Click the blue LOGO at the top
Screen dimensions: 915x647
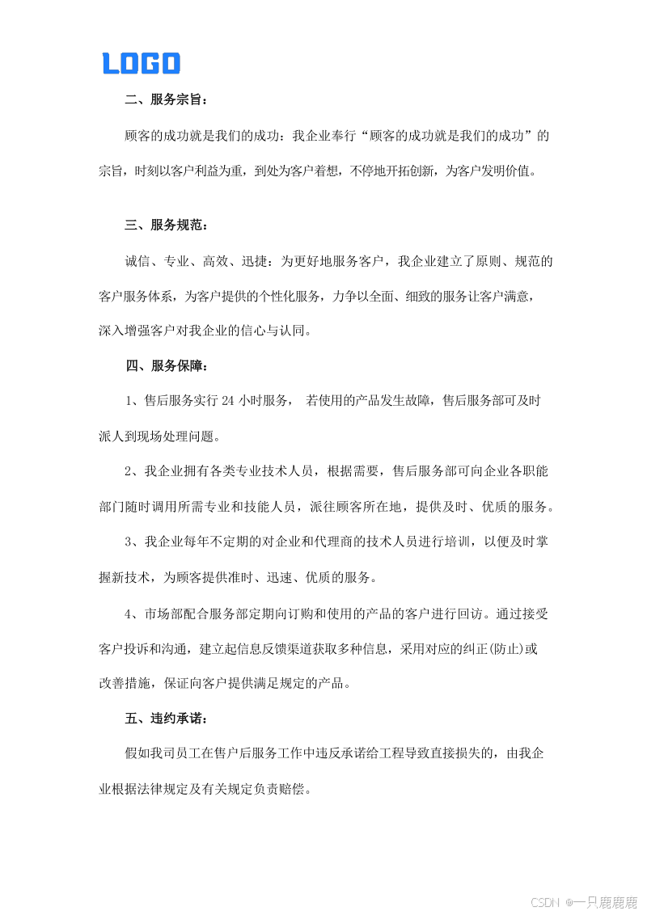(x=141, y=63)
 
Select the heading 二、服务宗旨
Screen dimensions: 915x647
(x=167, y=101)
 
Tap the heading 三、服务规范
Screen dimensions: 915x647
(x=167, y=226)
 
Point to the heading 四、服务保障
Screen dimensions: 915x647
(x=167, y=365)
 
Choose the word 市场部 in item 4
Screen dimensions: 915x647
(x=164, y=614)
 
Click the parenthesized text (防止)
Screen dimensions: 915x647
(x=508, y=648)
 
